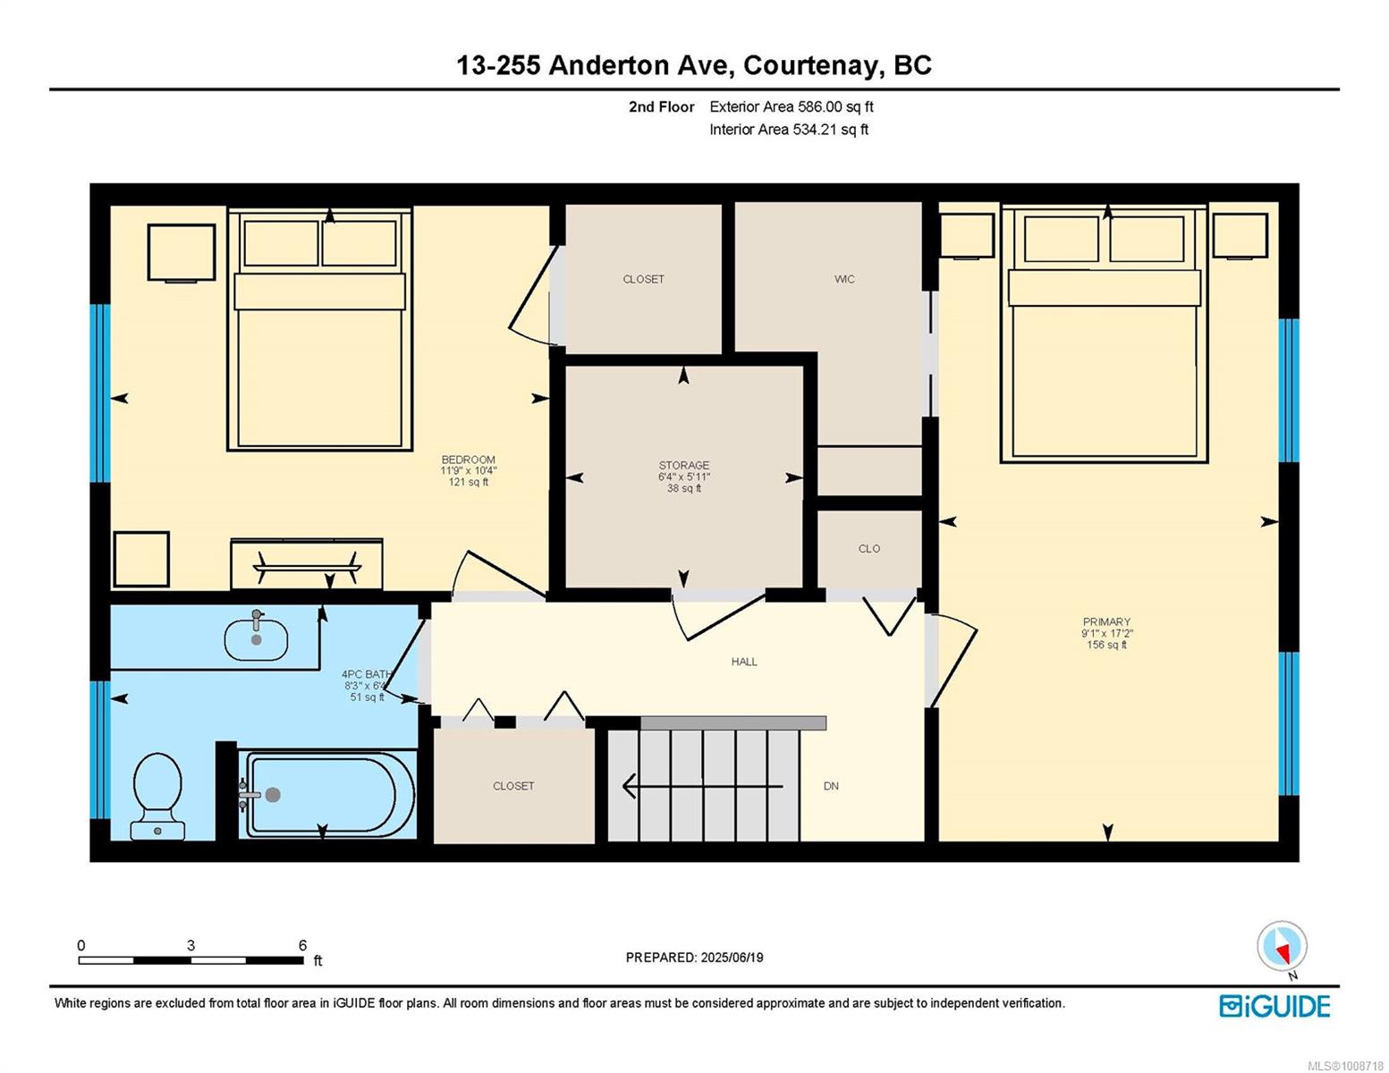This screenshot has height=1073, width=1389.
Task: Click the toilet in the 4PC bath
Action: (x=157, y=795)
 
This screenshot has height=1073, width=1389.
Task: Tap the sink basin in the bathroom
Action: (x=256, y=639)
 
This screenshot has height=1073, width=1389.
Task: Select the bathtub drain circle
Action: (x=273, y=794)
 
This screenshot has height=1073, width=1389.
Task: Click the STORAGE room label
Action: (x=683, y=465)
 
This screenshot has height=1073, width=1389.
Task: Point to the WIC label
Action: (x=843, y=279)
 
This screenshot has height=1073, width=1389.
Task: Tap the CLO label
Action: (x=868, y=548)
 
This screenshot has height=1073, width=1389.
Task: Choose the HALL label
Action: (x=744, y=662)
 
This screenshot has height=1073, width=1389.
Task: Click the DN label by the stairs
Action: (x=830, y=786)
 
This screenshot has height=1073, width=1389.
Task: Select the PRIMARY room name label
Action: (x=1106, y=621)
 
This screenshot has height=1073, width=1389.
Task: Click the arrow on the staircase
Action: (x=702, y=786)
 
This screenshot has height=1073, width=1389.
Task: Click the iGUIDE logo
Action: (x=1274, y=1006)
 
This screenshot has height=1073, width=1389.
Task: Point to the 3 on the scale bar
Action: (x=191, y=945)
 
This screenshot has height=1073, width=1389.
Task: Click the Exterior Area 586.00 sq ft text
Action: (x=792, y=106)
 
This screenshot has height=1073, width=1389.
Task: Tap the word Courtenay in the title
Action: (x=810, y=66)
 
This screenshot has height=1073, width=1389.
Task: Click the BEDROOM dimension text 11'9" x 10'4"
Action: (x=468, y=470)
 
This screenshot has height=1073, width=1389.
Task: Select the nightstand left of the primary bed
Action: (x=967, y=235)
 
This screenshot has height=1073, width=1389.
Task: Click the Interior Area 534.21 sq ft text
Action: (x=789, y=130)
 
